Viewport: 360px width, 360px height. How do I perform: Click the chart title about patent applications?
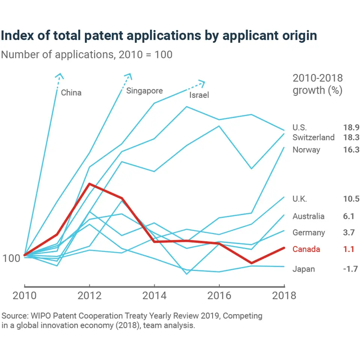click(x=159, y=36)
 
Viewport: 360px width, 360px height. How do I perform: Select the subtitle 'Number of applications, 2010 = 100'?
click(x=87, y=55)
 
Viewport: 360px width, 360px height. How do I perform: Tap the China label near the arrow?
click(x=71, y=93)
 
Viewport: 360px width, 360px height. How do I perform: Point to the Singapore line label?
click(x=144, y=91)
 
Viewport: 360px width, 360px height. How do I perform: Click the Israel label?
click(x=199, y=95)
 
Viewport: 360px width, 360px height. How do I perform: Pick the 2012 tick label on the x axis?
click(x=90, y=295)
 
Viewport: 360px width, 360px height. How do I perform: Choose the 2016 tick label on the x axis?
click(x=219, y=295)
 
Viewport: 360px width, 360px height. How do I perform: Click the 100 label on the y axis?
click(x=12, y=259)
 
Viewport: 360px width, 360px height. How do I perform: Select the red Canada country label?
click(x=306, y=249)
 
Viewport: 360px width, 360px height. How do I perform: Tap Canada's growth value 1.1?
click(x=349, y=249)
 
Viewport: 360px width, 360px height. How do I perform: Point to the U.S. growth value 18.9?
click(x=351, y=127)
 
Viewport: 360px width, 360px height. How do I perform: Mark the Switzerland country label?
click(x=313, y=137)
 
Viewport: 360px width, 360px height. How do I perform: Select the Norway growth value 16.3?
click(x=351, y=150)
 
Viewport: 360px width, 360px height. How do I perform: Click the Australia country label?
click(x=309, y=216)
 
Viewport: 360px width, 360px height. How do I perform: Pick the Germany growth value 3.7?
click(x=349, y=233)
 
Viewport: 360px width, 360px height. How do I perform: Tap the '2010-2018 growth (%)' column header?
click(x=318, y=84)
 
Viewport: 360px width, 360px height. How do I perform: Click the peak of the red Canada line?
click(x=89, y=184)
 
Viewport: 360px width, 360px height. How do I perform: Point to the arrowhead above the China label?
click(x=59, y=75)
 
